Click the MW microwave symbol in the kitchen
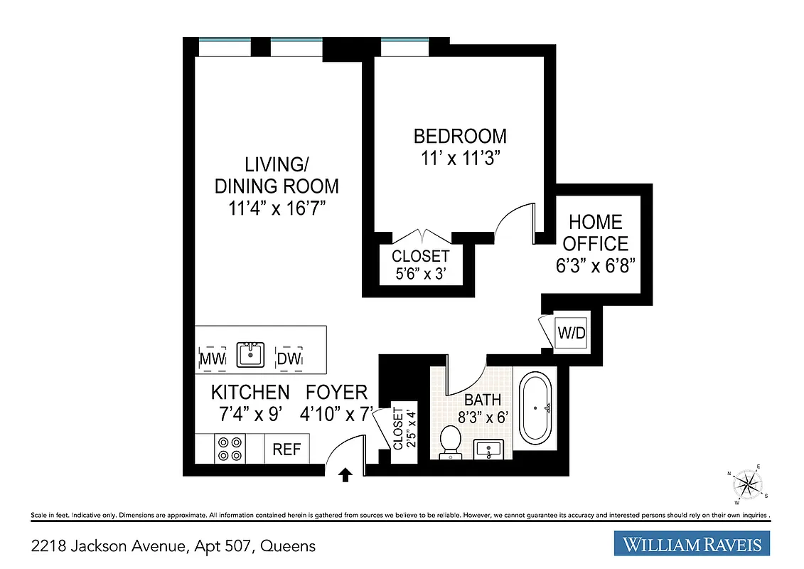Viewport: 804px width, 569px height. click(x=211, y=358)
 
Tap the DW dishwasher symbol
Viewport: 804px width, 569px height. click(x=289, y=358)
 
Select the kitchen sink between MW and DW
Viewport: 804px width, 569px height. click(x=251, y=354)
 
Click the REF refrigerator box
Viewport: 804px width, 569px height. click(x=286, y=450)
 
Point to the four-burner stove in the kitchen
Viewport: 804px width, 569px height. click(x=230, y=449)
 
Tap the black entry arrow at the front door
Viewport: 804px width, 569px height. click(x=345, y=474)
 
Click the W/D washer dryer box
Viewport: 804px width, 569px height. click(x=570, y=332)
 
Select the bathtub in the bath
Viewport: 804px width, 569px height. click(x=538, y=409)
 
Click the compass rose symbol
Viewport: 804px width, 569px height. click(x=746, y=485)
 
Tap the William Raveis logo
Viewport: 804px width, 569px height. click(x=692, y=545)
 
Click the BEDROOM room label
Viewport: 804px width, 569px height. click(x=460, y=135)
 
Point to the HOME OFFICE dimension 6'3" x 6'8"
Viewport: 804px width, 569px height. click(x=594, y=266)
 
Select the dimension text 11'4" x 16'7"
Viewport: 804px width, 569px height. click(x=277, y=209)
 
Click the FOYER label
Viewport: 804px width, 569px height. click(x=336, y=392)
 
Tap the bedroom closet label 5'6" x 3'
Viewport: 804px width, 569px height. click(x=420, y=273)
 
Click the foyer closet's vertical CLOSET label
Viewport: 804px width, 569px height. click(x=397, y=428)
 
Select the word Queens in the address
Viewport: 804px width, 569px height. click(x=288, y=546)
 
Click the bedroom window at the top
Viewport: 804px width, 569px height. click(x=404, y=48)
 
